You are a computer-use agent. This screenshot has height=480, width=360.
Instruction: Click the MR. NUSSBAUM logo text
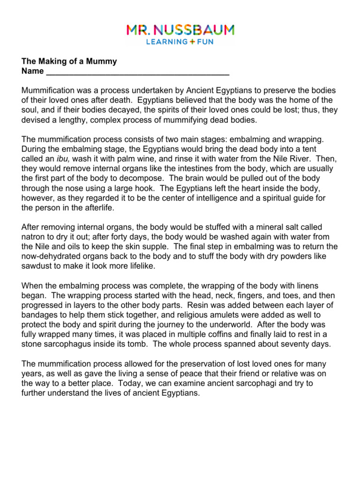click(x=180, y=31)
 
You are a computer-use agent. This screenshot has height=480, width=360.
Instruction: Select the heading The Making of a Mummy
click(x=69, y=61)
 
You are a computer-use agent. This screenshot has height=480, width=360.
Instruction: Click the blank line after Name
click(x=137, y=72)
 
